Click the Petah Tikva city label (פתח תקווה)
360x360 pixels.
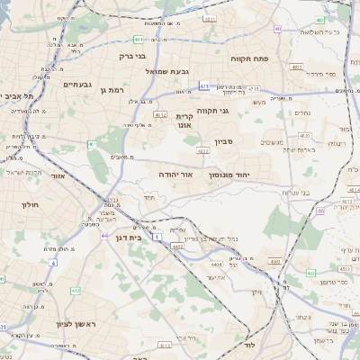251,58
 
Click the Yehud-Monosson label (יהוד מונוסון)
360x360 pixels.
235,175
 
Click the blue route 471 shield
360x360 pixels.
205,86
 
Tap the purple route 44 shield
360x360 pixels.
104,235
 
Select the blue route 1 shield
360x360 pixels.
157,237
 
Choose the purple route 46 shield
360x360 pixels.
321,211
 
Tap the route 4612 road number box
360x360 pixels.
160,115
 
